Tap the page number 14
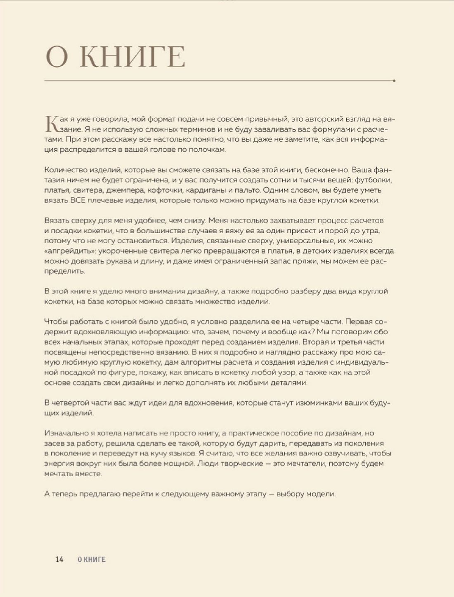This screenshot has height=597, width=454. (59, 559)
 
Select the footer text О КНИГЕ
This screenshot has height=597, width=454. (92, 559)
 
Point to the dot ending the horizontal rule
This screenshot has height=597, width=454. (395, 81)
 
